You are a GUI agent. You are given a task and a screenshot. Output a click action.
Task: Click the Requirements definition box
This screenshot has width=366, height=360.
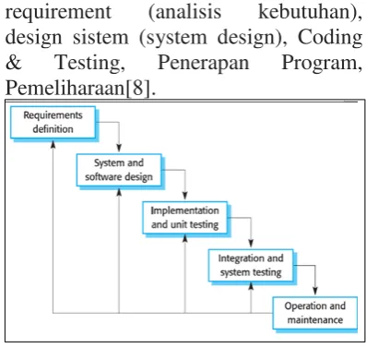[x=53, y=123]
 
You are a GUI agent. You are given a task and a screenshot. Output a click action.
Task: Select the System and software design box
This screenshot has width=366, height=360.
[x=119, y=170]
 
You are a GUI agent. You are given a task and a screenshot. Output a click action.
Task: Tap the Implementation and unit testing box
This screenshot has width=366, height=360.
[x=185, y=218]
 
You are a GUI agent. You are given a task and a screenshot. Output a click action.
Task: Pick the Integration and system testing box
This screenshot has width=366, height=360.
[x=251, y=266]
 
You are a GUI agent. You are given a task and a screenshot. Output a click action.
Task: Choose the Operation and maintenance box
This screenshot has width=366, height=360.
[x=315, y=313]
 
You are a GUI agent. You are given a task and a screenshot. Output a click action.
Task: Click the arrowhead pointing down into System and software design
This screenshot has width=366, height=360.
[x=119, y=149]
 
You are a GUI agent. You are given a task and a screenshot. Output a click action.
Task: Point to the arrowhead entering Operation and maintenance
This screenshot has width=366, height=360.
[x=315, y=291]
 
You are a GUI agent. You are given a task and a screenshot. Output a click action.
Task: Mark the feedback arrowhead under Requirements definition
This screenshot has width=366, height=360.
[x=53, y=145]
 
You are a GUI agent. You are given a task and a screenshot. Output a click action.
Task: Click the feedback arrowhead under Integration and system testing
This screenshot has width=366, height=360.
[x=251, y=287]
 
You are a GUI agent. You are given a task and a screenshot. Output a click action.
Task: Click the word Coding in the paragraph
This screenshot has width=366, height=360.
[x=330, y=38]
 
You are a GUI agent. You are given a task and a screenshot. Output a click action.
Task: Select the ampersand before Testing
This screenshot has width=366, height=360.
[x=14, y=63]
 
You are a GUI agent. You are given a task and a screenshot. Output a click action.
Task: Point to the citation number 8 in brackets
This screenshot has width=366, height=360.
[x=137, y=88]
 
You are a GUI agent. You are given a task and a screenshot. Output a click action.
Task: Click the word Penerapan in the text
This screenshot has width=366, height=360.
[x=203, y=63]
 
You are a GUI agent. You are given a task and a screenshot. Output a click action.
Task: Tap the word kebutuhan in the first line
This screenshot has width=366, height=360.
[x=310, y=13]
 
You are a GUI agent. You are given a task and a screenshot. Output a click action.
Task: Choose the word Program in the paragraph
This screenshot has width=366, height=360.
[x=322, y=64]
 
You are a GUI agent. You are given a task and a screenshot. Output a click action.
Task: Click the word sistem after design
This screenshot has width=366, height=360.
[x=100, y=38]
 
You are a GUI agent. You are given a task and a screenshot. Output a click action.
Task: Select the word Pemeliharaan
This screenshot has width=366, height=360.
[x=65, y=88]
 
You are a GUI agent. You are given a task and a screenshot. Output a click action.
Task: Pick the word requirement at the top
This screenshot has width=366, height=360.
[x=58, y=13]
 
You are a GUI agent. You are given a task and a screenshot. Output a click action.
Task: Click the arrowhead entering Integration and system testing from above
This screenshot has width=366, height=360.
[x=251, y=244]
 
